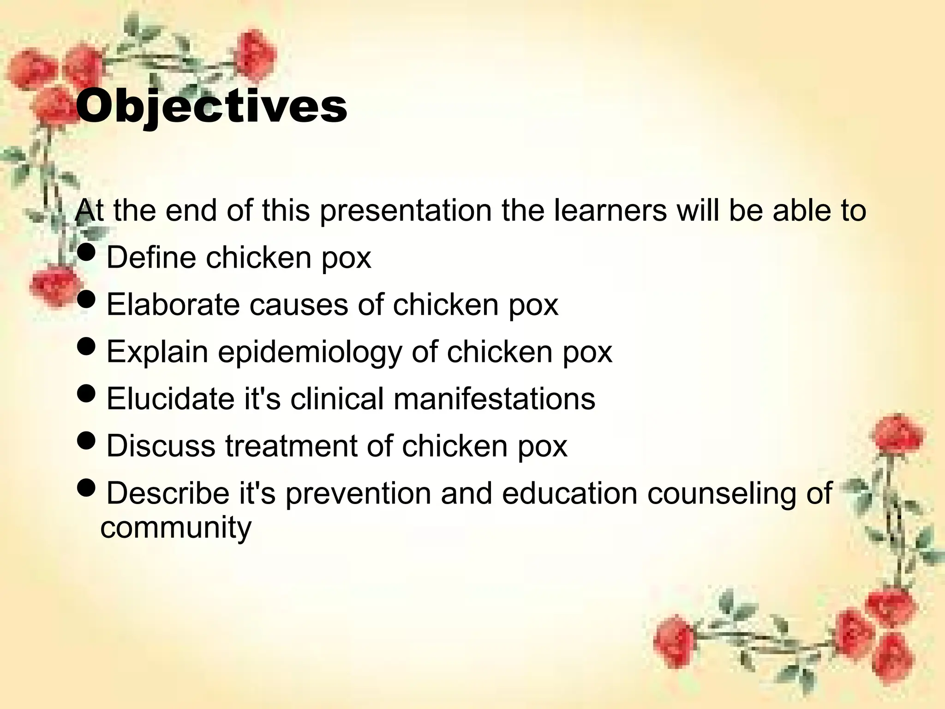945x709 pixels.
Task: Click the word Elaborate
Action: tap(173, 305)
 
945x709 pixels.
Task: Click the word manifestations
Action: tap(494, 399)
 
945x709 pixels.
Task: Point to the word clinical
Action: tap(337, 399)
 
